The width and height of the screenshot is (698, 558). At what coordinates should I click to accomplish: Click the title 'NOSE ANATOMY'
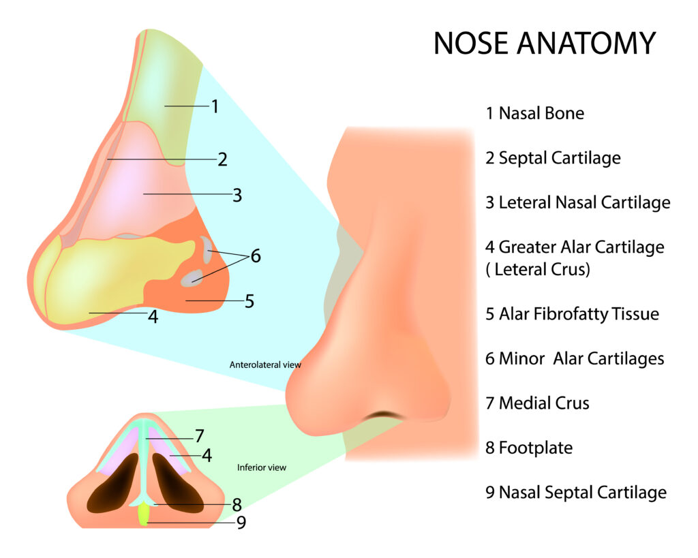(x=544, y=43)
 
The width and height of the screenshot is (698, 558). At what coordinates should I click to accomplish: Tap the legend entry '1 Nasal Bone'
(x=534, y=113)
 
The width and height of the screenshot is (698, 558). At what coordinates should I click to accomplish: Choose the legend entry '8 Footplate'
(x=529, y=448)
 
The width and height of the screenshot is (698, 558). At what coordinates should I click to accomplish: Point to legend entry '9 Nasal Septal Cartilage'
(x=576, y=492)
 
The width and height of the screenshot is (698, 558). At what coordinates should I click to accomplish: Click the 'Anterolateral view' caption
(x=265, y=365)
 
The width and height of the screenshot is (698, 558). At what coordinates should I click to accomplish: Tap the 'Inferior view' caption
(x=262, y=467)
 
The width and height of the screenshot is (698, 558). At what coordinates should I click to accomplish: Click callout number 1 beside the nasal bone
(x=214, y=106)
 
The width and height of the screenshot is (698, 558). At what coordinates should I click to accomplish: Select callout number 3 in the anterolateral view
(x=237, y=195)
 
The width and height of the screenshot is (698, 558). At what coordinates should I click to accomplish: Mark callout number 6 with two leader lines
(x=255, y=256)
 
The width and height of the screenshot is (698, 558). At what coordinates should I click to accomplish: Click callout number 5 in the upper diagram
(x=249, y=300)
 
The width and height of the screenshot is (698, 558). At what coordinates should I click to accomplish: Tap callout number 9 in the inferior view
(x=241, y=523)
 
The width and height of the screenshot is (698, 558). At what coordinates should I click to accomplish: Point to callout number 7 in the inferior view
(x=199, y=435)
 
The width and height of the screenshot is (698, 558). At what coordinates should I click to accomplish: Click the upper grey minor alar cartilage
(x=207, y=249)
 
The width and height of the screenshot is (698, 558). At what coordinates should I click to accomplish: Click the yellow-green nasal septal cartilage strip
(x=144, y=514)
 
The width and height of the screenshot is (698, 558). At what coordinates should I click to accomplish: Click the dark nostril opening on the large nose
(x=385, y=415)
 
